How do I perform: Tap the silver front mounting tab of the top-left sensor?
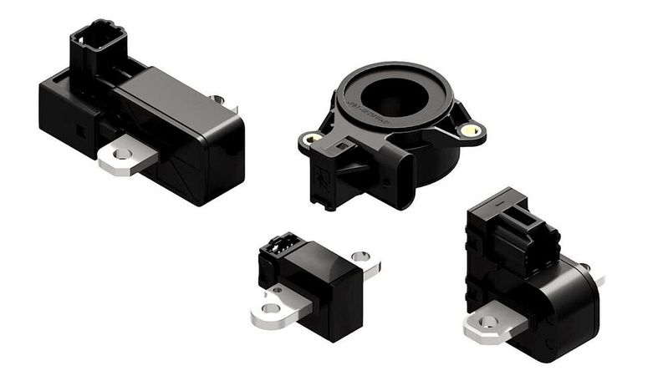pos(126,156)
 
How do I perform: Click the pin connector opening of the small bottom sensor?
pos(279,246)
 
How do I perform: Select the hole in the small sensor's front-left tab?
pos(269,308)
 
